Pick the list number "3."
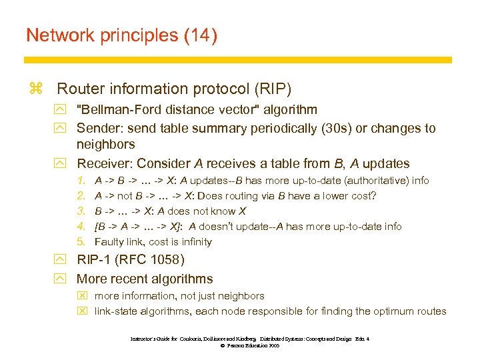coord(81,211)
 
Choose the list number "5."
coord(81,242)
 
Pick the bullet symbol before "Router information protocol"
coord(36,89)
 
